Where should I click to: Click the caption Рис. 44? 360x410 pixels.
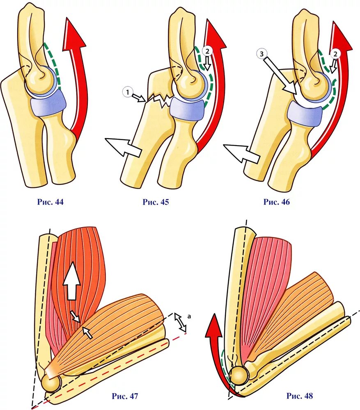pos(50,202)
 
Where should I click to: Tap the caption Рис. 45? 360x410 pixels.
pos(156,202)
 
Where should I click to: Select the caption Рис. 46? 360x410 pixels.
pos(277,202)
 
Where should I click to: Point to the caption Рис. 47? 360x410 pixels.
pos(125,396)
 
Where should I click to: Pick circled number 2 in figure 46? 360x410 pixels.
pos(335,54)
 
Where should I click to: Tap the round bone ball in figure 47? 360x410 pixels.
pos(52,383)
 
